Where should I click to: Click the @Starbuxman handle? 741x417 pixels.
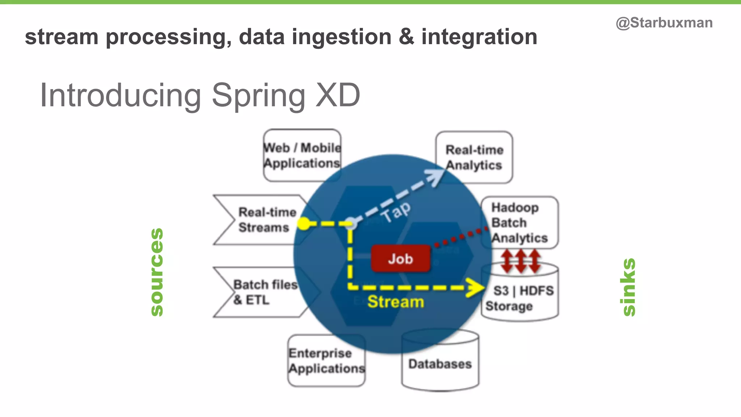tap(664, 23)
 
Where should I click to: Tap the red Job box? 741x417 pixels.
tap(401, 259)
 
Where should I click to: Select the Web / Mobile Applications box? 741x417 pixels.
tap(302, 156)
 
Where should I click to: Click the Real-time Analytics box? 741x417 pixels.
tap(474, 157)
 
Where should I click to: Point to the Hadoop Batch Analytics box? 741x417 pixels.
tap(520, 222)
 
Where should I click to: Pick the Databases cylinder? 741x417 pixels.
tap(440, 363)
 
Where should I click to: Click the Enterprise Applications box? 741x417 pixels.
tap(326, 361)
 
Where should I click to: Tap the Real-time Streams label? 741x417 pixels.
tap(267, 220)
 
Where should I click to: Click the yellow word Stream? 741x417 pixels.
tap(395, 302)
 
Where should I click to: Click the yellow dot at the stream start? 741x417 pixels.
tap(304, 224)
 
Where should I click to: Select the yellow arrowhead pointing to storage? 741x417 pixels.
tap(475, 288)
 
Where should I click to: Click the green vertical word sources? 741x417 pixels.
tap(157, 272)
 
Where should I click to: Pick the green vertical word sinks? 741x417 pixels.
tap(629, 287)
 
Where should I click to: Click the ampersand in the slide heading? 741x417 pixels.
tap(406, 37)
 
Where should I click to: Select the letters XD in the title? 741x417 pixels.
tap(338, 95)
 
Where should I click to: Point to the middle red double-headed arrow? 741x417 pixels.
tap(520, 261)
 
